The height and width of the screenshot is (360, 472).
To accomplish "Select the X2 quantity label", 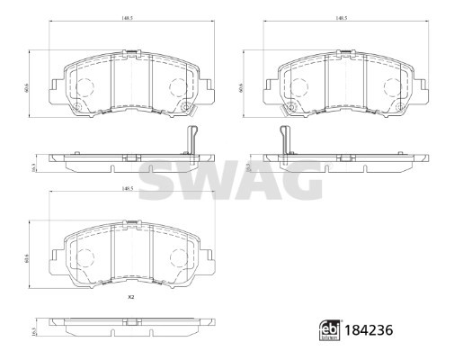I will pyautogui.click(x=130, y=297).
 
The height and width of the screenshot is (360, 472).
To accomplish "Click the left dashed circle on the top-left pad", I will pyautogui.click(x=85, y=87).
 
